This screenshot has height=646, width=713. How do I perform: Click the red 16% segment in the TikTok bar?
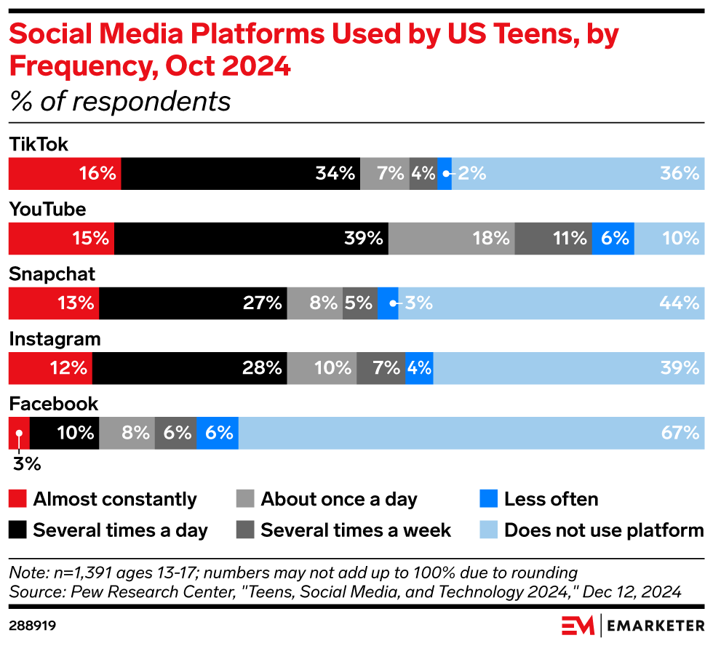(x=65, y=174)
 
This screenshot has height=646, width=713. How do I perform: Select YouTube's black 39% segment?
(x=251, y=239)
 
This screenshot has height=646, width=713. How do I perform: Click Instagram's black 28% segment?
(x=190, y=368)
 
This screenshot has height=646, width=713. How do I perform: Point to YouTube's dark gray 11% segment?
(x=553, y=239)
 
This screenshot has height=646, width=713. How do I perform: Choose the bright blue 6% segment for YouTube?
(x=613, y=239)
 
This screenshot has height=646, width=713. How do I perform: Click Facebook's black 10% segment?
(x=64, y=433)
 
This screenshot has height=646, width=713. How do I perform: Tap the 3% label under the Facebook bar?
(x=25, y=463)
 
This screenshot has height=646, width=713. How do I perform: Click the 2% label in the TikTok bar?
(x=471, y=174)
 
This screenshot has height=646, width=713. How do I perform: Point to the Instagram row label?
(x=55, y=339)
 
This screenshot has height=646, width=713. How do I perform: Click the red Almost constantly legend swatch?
(x=18, y=499)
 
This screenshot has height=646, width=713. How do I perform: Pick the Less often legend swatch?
(x=489, y=499)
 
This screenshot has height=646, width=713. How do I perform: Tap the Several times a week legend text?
(x=356, y=530)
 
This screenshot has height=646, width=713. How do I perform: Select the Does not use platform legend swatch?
(x=489, y=530)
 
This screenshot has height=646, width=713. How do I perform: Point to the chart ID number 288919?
(x=33, y=625)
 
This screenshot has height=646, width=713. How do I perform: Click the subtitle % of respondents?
(x=120, y=102)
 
